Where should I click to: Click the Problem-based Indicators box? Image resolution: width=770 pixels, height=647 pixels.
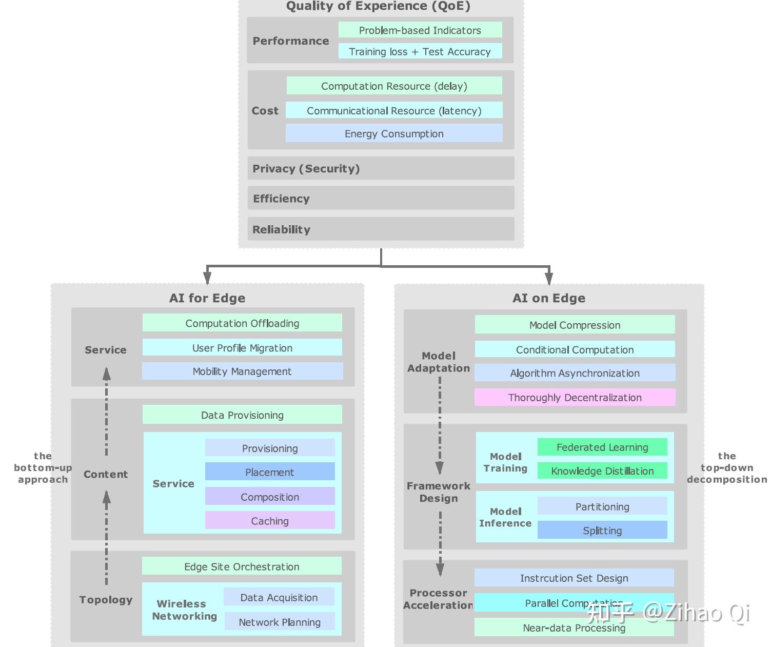(420, 30)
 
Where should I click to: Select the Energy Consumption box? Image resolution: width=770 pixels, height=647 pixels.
(394, 134)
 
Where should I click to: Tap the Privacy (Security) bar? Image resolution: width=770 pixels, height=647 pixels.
(381, 168)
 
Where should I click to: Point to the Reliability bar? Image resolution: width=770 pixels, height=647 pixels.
(381, 229)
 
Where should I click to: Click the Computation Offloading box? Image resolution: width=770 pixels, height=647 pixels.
(242, 323)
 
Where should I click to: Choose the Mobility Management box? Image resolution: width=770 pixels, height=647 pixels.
(242, 371)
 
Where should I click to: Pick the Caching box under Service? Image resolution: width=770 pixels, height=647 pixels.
(270, 521)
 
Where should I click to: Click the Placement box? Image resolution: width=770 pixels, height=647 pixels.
(270, 472)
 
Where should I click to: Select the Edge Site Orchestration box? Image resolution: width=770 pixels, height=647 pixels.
(242, 566)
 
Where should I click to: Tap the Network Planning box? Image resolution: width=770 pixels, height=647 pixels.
(280, 622)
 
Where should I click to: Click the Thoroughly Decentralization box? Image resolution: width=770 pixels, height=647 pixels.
(575, 398)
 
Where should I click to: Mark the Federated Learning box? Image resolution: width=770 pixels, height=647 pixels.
(602, 447)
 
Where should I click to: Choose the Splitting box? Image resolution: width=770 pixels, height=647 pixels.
(602, 531)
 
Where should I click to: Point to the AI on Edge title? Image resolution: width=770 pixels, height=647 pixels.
(549, 298)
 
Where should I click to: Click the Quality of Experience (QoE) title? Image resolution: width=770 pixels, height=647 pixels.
(378, 6)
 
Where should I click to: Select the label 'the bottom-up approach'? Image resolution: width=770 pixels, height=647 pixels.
(43, 467)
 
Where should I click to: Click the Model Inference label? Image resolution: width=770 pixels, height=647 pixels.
(505, 517)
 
